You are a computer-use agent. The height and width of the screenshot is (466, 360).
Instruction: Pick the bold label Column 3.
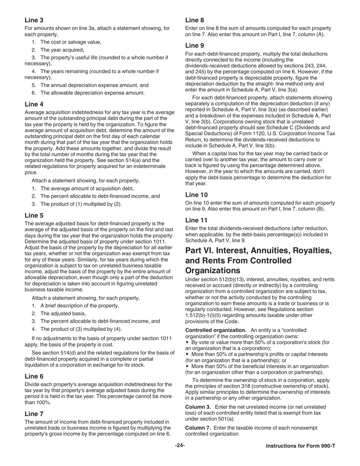(198, 407)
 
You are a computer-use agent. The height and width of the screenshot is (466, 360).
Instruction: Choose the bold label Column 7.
(198, 428)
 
